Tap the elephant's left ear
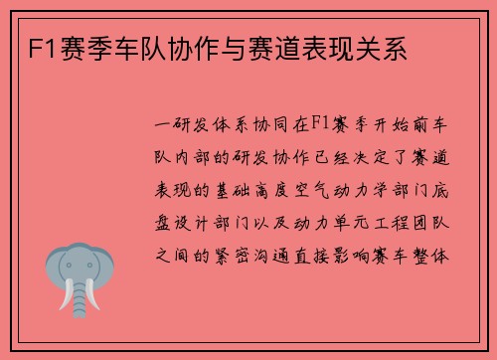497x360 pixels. pyautogui.click(x=58, y=270)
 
